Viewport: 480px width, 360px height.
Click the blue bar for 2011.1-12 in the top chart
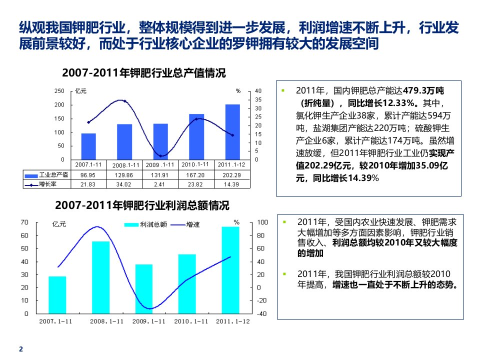coord(232,132)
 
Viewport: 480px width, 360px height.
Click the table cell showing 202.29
coord(232,175)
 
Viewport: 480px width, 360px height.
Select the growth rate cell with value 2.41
coord(160,184)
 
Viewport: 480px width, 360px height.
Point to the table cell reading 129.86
coord(124,175)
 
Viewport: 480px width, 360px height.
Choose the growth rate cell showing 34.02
coord(124,184)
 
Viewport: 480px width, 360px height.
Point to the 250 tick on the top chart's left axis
coord(59,91)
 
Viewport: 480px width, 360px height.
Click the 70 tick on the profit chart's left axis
coord(25,222)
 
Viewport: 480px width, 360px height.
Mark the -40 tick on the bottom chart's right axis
coord(261,313)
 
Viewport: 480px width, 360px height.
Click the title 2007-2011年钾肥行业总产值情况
coord(144,73)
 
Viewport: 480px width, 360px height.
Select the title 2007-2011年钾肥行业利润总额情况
coord(142,205)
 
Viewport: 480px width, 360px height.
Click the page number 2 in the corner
coord(20,349)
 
